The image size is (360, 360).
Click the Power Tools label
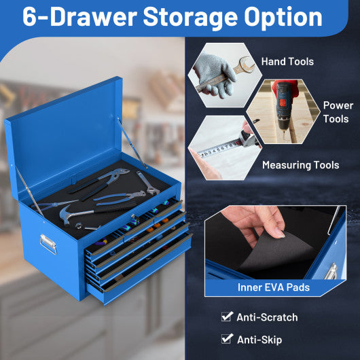(338, 112)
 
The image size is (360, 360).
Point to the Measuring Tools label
(300, 165)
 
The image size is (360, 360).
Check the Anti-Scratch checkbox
(226, 317)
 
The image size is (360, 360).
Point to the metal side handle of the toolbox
(47, 243)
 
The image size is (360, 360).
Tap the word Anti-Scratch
(267, 317)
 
